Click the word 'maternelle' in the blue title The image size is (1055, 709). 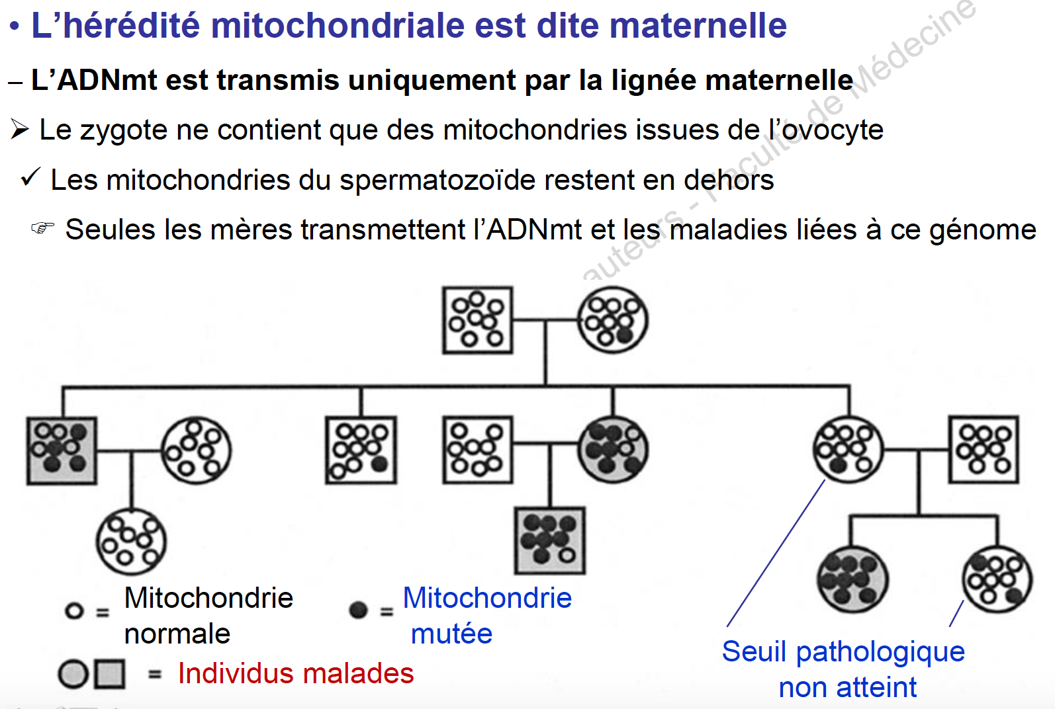[698, 25]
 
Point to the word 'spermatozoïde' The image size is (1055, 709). [437, 181]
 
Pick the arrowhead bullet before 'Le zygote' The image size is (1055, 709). [20, 130]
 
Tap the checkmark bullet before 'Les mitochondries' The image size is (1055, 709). [30, 178]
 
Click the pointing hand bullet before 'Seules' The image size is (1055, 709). [43, 228]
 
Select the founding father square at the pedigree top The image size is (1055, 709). [478, 320]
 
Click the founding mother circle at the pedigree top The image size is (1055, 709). [613, 320]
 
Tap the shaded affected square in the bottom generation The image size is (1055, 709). [550, 540]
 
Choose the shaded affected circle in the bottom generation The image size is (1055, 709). [852, 579]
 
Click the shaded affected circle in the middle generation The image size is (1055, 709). [613, 450]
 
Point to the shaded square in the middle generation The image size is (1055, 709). [62, 450]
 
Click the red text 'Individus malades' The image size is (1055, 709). [296, 673]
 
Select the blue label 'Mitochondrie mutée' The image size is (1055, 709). [488, 616]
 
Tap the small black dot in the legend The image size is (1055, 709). [359, 610]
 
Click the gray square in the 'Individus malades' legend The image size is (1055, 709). [111, 674]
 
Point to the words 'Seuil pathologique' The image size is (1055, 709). [843, 653]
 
